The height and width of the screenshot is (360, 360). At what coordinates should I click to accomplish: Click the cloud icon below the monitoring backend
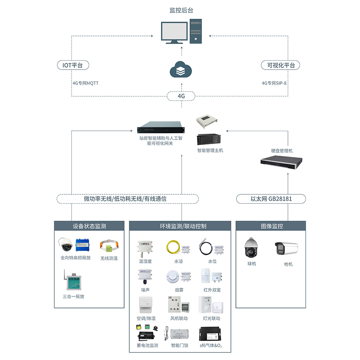181,70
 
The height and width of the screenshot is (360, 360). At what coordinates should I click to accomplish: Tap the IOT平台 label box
72,65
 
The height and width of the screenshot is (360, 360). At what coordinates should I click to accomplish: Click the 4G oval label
181,96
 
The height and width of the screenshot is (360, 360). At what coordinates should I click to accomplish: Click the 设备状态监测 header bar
89,226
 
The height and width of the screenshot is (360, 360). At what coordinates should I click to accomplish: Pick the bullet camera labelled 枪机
286,248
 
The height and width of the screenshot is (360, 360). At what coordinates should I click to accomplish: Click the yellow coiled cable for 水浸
173,247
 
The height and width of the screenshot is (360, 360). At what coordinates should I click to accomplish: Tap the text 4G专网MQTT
85,83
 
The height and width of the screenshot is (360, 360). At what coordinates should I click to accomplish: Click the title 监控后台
181,10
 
